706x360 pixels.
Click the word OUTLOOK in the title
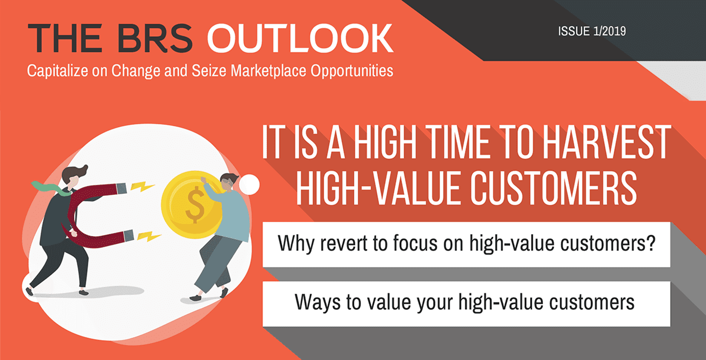point(300,38)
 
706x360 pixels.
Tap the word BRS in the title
point(155,38)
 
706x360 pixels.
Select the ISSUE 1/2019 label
point(591,31)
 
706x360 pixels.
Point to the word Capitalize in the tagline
point(57,71)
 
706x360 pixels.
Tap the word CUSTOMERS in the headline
point(554,188)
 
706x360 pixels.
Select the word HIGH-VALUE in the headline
point(380,188)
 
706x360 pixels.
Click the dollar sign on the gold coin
point(195,205)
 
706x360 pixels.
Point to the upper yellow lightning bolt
point(142,187)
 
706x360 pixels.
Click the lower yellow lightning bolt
point(149,236)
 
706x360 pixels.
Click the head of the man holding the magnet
point(74,177)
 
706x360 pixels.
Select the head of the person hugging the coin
point(230,182)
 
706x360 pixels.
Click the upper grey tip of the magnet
point(121,189)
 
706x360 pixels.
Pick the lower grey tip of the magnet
point(129,235)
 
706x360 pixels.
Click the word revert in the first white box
point(344,243)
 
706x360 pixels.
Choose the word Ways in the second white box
point(317,303)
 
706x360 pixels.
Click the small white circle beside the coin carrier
point(249,185)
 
